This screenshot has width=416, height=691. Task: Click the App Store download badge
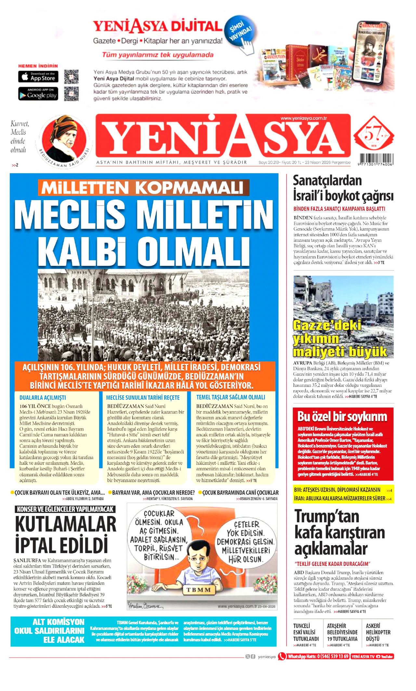coord(38,77)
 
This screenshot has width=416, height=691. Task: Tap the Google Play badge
coord(38,94)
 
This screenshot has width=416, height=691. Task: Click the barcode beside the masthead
coord(375,159)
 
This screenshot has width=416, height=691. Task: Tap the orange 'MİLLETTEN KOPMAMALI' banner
coord(143,188)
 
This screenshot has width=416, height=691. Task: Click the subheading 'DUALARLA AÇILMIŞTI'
coord(43,397)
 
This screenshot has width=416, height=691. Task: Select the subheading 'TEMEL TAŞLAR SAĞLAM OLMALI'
coord(231,397)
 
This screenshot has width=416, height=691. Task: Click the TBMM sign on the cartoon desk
coord(199,589)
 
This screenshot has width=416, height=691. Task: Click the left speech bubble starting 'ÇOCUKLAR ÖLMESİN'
coord(159,535)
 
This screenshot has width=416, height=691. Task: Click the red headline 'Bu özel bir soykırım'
coord(342,417)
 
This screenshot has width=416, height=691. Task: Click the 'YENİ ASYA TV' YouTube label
coord(372,657)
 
